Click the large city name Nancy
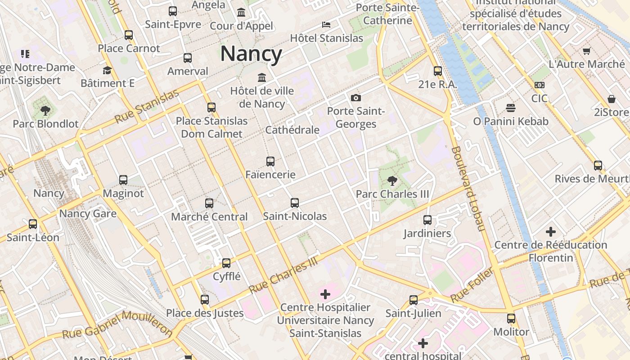tap(251, 54)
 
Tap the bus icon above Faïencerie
tap(270, 162)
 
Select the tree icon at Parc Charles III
tap(392, 181)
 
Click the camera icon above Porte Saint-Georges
tap(356, 98)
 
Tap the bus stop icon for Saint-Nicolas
tap(295, 203)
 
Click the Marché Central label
tap(209, 217)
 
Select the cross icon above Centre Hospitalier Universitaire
tap(325, 294)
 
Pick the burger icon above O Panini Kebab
tap(510, 108)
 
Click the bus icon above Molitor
tap(511, 319)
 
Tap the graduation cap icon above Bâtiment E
tap(107, 70)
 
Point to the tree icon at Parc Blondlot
tap(45, 110)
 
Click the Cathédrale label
tap(292, 130)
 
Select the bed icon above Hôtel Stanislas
tap(326, 25)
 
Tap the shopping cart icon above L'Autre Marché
tap(586, 51)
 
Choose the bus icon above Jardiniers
tap(427, 220)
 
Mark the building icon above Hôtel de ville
tap(261, 77)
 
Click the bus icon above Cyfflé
tap(226, 263)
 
